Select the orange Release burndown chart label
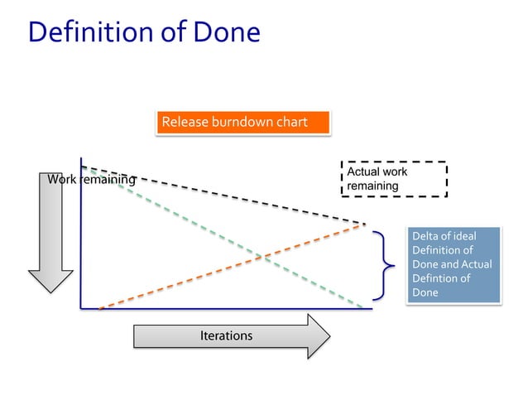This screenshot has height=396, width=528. pos(242,123)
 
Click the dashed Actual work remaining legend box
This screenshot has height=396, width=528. pos(395,179)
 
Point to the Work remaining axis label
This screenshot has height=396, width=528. pos(91,180)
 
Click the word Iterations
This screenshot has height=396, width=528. pos(226,336)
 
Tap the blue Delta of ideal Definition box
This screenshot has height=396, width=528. pos(453,264)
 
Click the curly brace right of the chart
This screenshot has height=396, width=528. pos(383,265)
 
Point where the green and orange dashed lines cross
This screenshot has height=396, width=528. pos(262,257)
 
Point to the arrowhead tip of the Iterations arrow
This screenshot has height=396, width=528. pos(329,336)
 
